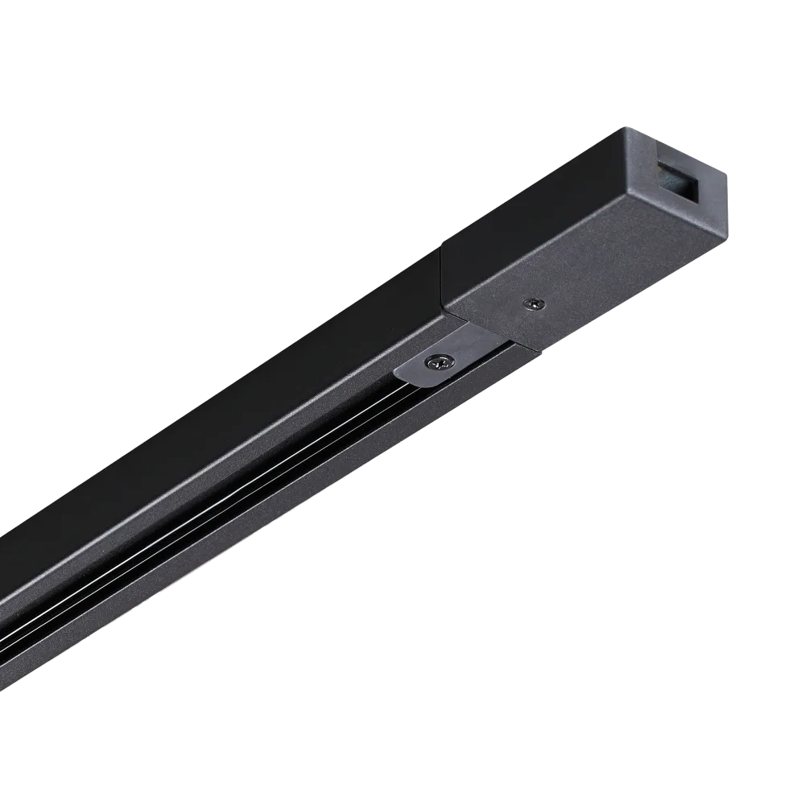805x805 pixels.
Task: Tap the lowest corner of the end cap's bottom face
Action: tap(532, 353)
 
